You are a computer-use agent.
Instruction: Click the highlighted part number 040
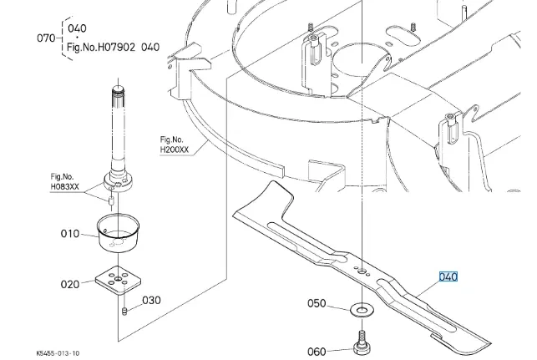click(448, 276)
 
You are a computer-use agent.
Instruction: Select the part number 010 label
click(70, 234)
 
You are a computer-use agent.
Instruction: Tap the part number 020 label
click(70, 284)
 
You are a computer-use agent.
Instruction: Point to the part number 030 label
click(151, 301)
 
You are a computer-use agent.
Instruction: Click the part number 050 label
click(317, 303)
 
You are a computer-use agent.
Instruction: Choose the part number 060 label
click(317, 352)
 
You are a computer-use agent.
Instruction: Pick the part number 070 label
click(46, 38)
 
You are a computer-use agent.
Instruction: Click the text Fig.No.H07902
click(101, 47)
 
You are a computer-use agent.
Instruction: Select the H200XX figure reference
click(175, 150)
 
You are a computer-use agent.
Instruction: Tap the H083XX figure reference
click(65, 186)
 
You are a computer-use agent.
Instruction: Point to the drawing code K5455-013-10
click(58, 353)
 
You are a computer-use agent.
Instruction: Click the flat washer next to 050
click(362, 311)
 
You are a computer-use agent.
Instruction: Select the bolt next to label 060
click(362, 343)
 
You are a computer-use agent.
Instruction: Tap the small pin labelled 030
click(124, 311)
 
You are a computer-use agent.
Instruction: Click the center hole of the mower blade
click(362, 271)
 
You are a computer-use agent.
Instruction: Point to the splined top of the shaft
click(118, 97)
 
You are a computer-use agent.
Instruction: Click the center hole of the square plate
click(118, 280)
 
